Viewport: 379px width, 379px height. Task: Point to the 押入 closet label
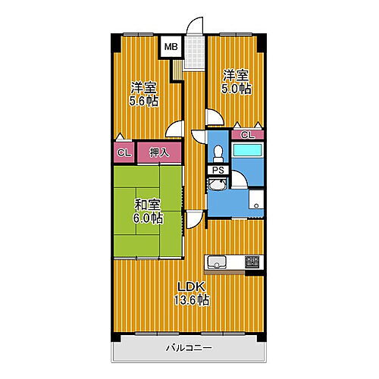coord(158,152)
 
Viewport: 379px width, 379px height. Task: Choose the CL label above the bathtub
coord(247,134)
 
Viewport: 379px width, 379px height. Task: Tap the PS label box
coord(218,170)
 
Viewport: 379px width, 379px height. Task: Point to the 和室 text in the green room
coord(147,205)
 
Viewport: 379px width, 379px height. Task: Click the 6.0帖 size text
coord(147,218)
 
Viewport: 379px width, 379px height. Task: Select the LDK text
coord(190,286)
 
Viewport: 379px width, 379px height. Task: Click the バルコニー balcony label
coord(189,348)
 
